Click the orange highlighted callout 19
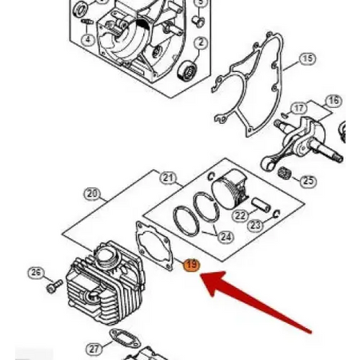(x=192, y=265)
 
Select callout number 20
(x=92, y=194)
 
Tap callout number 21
(x=168, y=178)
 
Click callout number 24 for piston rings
(x=226, y=237)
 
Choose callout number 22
(x=240, y=215)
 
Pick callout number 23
(x=255, y=226)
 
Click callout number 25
(x=308, y=181)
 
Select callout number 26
(x=36, y=273)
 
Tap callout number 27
(x=94, y=349)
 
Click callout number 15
(x=307, y=59)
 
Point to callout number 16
(x=334, y=101)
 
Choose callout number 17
(x=298, y=109)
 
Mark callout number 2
(x=201, y=42)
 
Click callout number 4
(x=88, y=40)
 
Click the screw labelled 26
(x=54, y=286)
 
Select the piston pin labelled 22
(x=262, y=205)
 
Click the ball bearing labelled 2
(x=188, y=71)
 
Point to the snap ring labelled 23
(x=277, y=214)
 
